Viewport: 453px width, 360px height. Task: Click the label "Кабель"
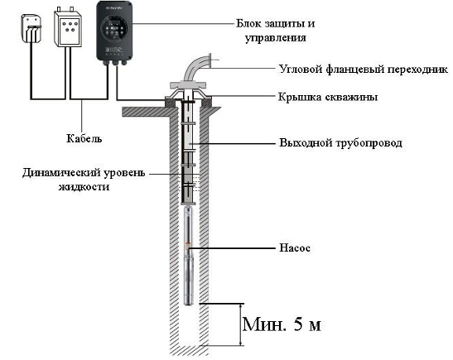pyautogui.click(x=84, y=138)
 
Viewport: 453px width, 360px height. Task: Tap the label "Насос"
pyautogui.click(x=295, y=248)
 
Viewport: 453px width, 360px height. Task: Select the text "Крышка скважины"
pyautogui.click(x=328, y=97)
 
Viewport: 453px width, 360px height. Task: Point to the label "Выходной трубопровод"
pyautogui.click(x=340, y=143)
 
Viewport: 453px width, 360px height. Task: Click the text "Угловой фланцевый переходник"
pyautogui.click(x=364, y=70)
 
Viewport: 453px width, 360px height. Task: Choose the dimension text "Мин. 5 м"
pyautogui.click(x=282, y=324)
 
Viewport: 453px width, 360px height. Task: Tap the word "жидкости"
pyautogui.click(x=84, y=187)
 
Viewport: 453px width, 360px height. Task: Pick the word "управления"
pyautogui.click(x=275, y=38)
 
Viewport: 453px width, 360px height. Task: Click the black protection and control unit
pyautogui.click(x=114, y=31)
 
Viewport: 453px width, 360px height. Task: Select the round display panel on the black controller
pyautogui.click(x=113, y=28)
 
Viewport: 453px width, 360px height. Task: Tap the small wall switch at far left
pyautogui.click(x=31, y=28)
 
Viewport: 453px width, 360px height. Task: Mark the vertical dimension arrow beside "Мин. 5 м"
pyautogui.click(x=241, y=324)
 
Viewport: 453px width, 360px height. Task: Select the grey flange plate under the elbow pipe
pyautogui.click(x=188, y=84)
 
